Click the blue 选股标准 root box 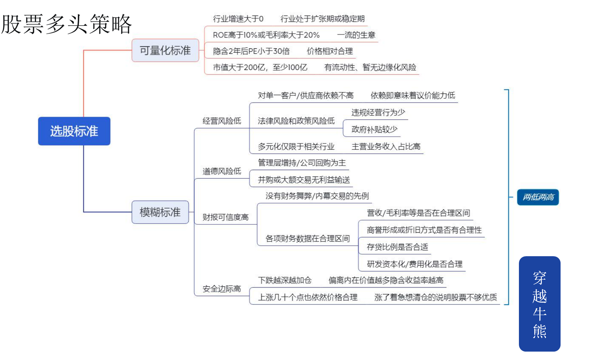[74, 131]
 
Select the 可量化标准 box [166, 50]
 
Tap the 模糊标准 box [160, 212]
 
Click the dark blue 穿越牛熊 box [539, 304]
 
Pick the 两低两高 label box [538, 197]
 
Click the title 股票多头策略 [67, 24]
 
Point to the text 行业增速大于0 [238, 19]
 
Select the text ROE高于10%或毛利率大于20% [266, 35]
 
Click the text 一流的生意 [356, 35]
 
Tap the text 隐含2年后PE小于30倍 [251, 51]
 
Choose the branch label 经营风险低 [222, 121]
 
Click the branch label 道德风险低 [222, 171]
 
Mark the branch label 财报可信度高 [225, 217]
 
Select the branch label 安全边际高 [222, 289]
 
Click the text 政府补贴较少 [375, 129]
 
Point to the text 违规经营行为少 [378, 112]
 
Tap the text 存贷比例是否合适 [398, 247]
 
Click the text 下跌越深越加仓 [285, 280]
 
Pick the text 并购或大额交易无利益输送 [304, 180]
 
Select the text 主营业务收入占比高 [386, 146]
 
